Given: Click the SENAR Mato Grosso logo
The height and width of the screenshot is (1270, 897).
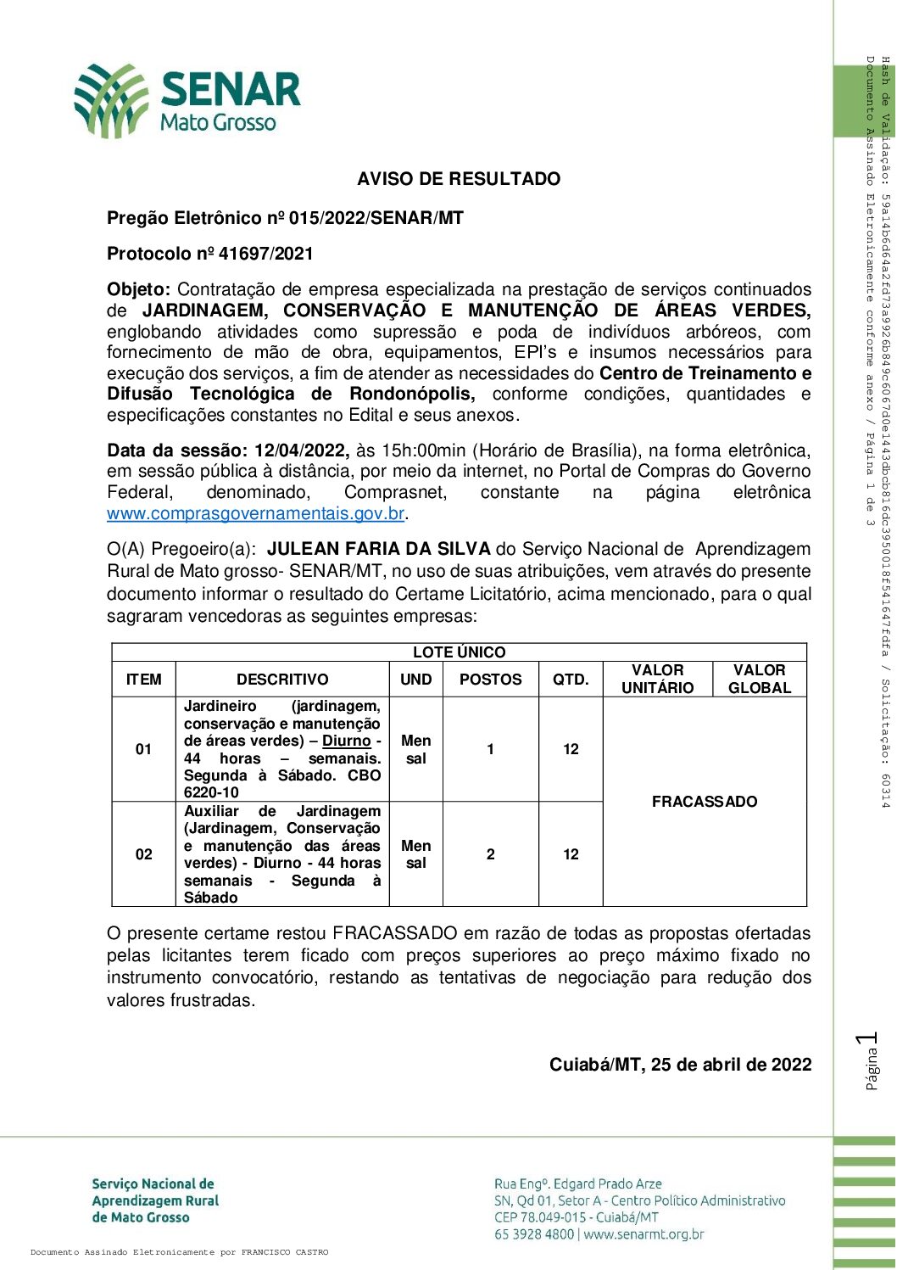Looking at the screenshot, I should [x=187, y=100].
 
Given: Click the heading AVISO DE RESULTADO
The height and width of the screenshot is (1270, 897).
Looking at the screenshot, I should [x=459, y=179].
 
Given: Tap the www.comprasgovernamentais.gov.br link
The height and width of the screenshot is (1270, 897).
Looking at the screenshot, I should [x=255, y=513].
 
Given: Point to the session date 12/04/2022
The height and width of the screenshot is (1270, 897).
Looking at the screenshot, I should [x=301, y=450].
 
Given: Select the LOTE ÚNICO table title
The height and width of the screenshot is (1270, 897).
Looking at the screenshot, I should [x=459, y=652].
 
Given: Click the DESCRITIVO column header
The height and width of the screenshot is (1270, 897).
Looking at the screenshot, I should [x=282, y=680].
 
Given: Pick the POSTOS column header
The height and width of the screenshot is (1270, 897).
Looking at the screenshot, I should [x=490, y=680].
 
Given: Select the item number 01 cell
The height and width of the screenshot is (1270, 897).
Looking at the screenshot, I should [x=143, y=749].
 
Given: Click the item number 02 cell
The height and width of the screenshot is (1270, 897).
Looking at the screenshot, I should [x=143, y=854].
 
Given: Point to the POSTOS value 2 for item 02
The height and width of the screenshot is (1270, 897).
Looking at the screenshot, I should [x=490, y=854].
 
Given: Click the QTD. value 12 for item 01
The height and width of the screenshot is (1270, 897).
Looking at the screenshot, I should [x=571, y=749].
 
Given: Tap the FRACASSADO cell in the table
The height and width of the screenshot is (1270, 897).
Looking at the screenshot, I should [x=705, y=802].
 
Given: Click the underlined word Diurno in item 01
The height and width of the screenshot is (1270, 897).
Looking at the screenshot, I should [x=347, y=741].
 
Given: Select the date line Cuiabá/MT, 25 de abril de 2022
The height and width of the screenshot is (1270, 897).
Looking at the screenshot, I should [x=680, y=1065].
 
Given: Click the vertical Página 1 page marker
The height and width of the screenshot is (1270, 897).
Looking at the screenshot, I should [x=868, y=1060].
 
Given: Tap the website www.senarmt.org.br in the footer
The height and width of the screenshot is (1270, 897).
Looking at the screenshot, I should [x=644, y=1234].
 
